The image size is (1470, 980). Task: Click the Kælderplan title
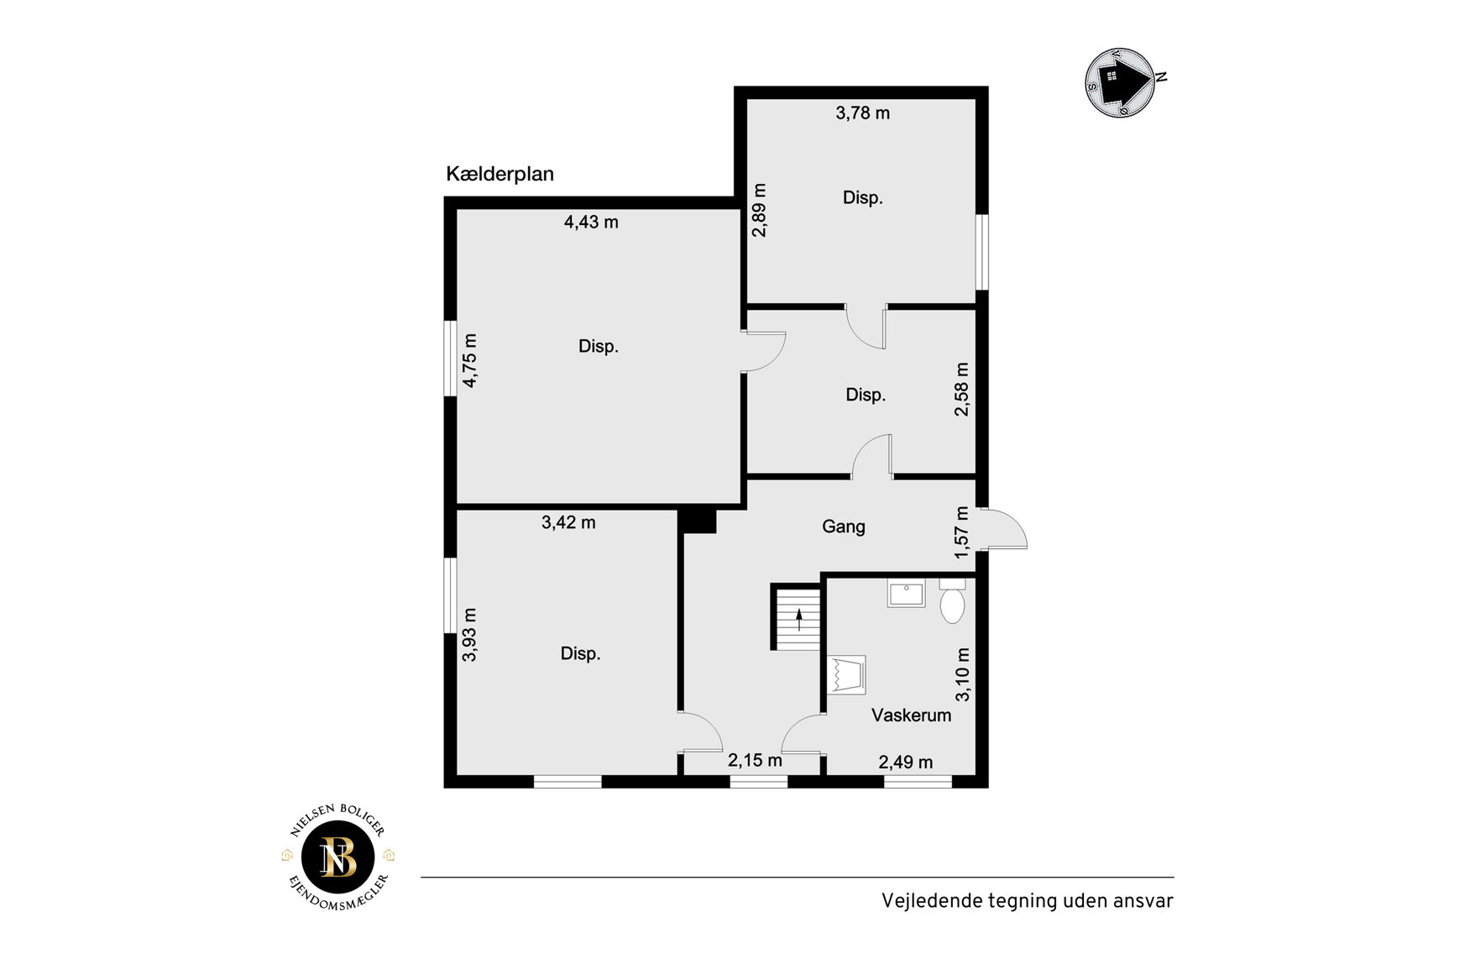[x=500, y=174]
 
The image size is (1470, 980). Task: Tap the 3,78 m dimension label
[x=862, y=113]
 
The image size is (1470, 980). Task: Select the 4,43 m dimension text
[x=591, y=222]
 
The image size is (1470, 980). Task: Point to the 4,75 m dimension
[x=470, y=360]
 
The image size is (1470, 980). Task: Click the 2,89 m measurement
[x=759, y=210]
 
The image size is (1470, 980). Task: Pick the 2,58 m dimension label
[x=961, y=389]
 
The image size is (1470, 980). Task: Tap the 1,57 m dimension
[x=962, y=532]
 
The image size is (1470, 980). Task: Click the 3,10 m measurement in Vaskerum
[x=962, y=674]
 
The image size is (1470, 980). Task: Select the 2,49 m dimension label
[x=905, y=762]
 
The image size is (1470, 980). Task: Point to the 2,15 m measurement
[x=755, y=760]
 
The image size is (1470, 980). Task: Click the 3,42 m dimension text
[x=568, y=522]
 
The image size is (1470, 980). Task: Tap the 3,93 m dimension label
[x=469, y=635]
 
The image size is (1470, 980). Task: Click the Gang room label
[x=843, y=527]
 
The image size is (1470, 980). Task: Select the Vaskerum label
[x=911, y=715]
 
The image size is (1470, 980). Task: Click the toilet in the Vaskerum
[x=952, y=600]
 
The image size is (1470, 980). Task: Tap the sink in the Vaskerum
[x=906, y=594]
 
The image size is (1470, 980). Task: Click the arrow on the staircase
[x=799, y=620]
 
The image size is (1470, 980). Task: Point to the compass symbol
[x=1122, y=81]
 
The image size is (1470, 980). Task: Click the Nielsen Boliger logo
[x=338, y=857]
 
